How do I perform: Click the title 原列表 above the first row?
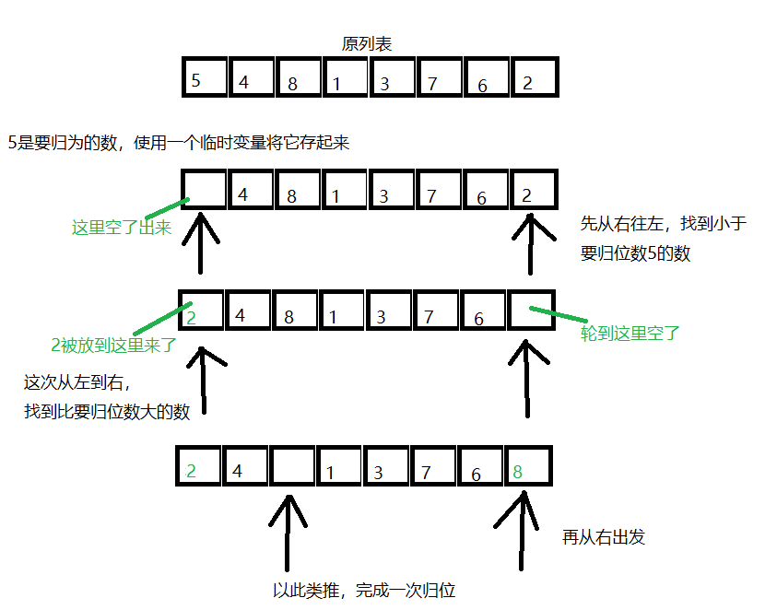click(369, 43)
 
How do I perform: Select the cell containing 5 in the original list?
click(205, 77)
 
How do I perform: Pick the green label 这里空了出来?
click(122, 228)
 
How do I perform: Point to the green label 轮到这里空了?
click(630, 333)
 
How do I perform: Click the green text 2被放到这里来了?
click(114, 346)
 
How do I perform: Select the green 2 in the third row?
click(193, 315)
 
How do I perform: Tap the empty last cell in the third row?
click(532, 311)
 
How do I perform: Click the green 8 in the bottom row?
click(518, 472)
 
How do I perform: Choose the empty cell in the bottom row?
click(292, 467)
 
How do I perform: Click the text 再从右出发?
click(604, 536)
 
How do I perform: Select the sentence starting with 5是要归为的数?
click(179, 143)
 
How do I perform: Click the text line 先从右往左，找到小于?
click(663, 223)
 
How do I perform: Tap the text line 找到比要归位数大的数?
click(107, 412)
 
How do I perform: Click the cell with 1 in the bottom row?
click(338, 467)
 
